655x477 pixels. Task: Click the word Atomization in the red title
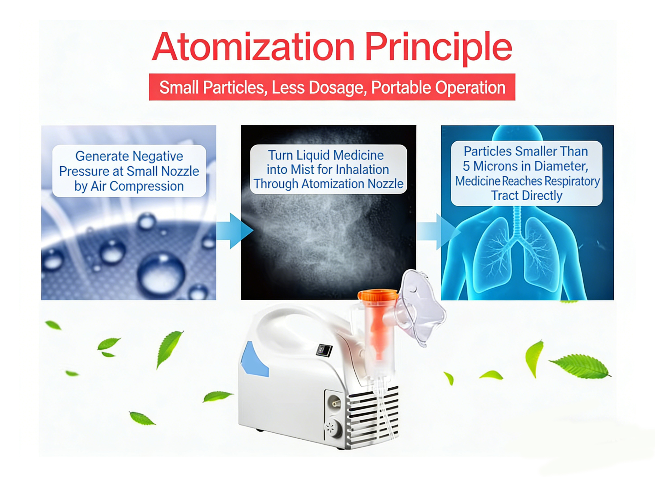tap(253, 47)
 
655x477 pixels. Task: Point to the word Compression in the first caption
tap(147, 186)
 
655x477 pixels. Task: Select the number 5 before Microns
tap(466, 166)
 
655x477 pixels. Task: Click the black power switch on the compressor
tap(324, 350)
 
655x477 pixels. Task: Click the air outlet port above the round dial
tap(335, 403)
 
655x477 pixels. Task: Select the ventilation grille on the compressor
tap(373, 416)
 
